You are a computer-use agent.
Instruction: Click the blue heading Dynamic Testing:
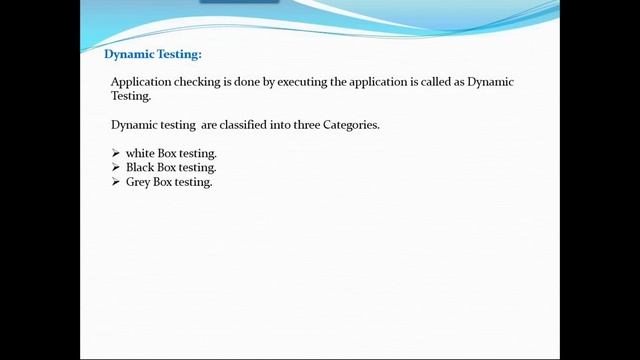click(x=153, y=55)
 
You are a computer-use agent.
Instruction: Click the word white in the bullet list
click(x=140, y=153)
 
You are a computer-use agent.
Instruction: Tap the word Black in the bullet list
click(x=139, y=168)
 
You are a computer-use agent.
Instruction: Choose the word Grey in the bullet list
click(x=138, y=183)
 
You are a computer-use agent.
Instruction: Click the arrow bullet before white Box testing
click(x=116, y=153)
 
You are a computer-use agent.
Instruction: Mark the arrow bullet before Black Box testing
click(x=116, y=168)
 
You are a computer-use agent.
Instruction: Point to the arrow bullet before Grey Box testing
click(x=116, y=183)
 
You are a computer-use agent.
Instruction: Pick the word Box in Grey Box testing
click(x=163, y=183)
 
